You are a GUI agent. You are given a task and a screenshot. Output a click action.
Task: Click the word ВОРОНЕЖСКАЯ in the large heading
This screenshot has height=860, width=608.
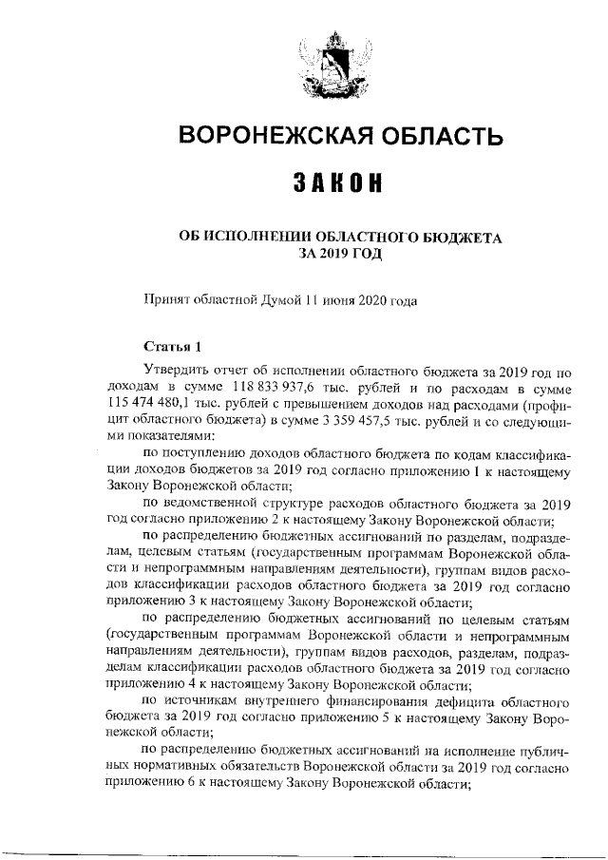275,137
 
